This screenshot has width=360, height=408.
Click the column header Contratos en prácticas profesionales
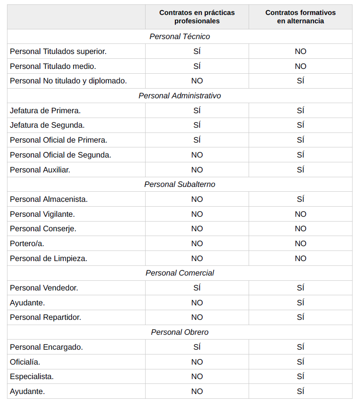[x=197, y=17]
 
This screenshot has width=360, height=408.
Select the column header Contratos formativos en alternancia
[x=300, y=17]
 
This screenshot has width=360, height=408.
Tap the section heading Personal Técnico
[x=180, y=36]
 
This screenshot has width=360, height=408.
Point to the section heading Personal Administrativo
[x=180, y=96]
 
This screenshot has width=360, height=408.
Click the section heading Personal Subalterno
[x=180, y=184]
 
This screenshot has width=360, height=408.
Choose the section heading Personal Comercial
[x=180, y=273]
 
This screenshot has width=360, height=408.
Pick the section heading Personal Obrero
[x=180, y=332]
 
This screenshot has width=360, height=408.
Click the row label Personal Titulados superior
[x=58, y=51]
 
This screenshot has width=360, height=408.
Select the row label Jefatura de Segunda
[x=47, y=125]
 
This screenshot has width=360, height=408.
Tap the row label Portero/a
[x=27, y=243]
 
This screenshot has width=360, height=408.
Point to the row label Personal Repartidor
[x=46, y=317]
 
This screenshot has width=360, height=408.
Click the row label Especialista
[x=32, y=376]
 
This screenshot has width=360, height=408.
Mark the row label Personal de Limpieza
[x=49, y=258]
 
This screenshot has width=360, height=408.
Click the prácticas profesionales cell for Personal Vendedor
[x=197, y=288]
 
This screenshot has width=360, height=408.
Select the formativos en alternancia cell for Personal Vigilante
[x=300, y=214]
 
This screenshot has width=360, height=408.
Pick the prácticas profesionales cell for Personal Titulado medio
[x=197, y=66]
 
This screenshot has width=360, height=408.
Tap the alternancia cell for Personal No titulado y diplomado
[x=300, y=81]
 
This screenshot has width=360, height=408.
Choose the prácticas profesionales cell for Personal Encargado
[x=197, y=347]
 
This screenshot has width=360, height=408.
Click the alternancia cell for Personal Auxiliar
[x=300, y=170]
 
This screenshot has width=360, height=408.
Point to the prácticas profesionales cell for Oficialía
[x=197, y=362]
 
